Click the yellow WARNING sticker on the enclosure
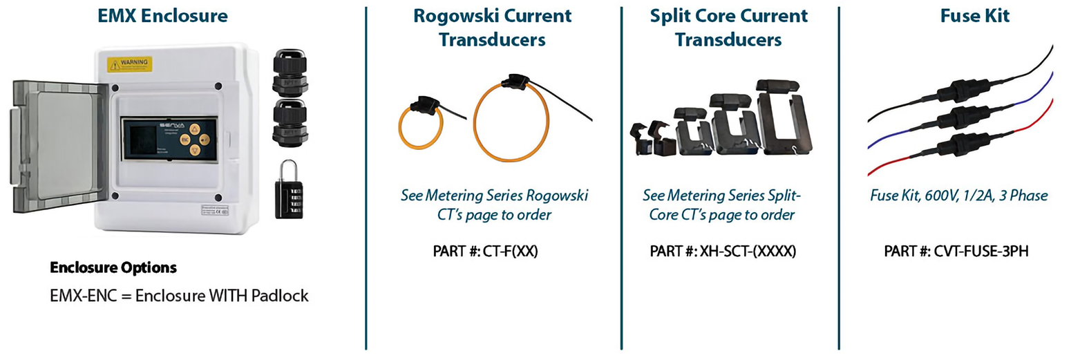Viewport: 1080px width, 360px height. coord(130,64)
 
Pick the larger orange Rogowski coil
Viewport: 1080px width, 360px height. coord(511,122)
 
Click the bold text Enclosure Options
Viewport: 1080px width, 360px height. coord(113,267)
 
